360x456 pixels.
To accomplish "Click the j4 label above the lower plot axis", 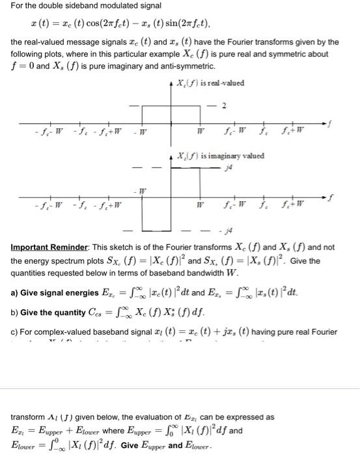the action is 227,167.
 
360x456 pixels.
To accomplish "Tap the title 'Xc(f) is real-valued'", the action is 211,84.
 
